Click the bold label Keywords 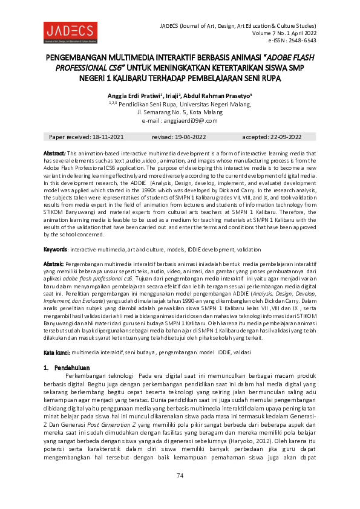[x=54, y=249]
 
